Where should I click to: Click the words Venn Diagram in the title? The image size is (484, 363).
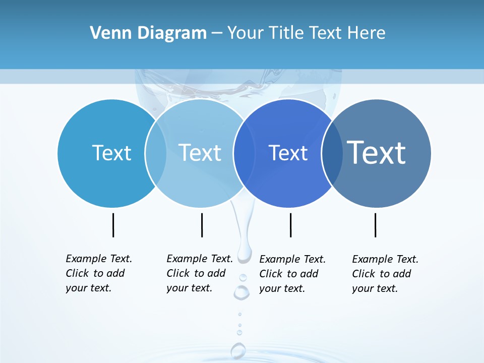tap(148, 33)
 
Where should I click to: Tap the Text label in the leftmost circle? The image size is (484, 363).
tap(111, 153)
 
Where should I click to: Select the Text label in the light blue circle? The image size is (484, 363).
tap(200, 153)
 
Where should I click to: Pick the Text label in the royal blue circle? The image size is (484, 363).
tap(288, 153)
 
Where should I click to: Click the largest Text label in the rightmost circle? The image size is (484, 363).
tap(377, 152)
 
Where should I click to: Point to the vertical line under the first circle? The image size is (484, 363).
tap(113, 225)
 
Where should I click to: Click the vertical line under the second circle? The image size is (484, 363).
tap(202, 225)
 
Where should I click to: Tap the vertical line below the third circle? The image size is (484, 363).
tap(290, 225)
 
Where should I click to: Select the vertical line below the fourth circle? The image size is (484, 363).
tap(375, 225)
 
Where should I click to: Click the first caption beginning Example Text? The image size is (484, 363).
tap(99, 273)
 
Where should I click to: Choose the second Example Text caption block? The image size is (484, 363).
tap(200, 273)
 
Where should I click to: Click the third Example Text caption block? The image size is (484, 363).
tap(292, 274)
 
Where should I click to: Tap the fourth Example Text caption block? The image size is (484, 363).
tap(385, 274)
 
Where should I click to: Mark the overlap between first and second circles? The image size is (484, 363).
tap(156, 153)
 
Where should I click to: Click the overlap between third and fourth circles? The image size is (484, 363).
tap(331, 153)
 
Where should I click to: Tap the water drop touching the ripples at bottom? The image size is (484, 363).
tap(238, 350)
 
